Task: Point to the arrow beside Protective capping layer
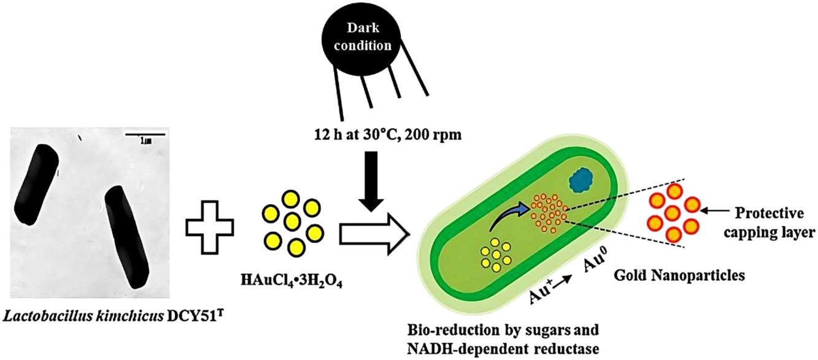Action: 719,212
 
